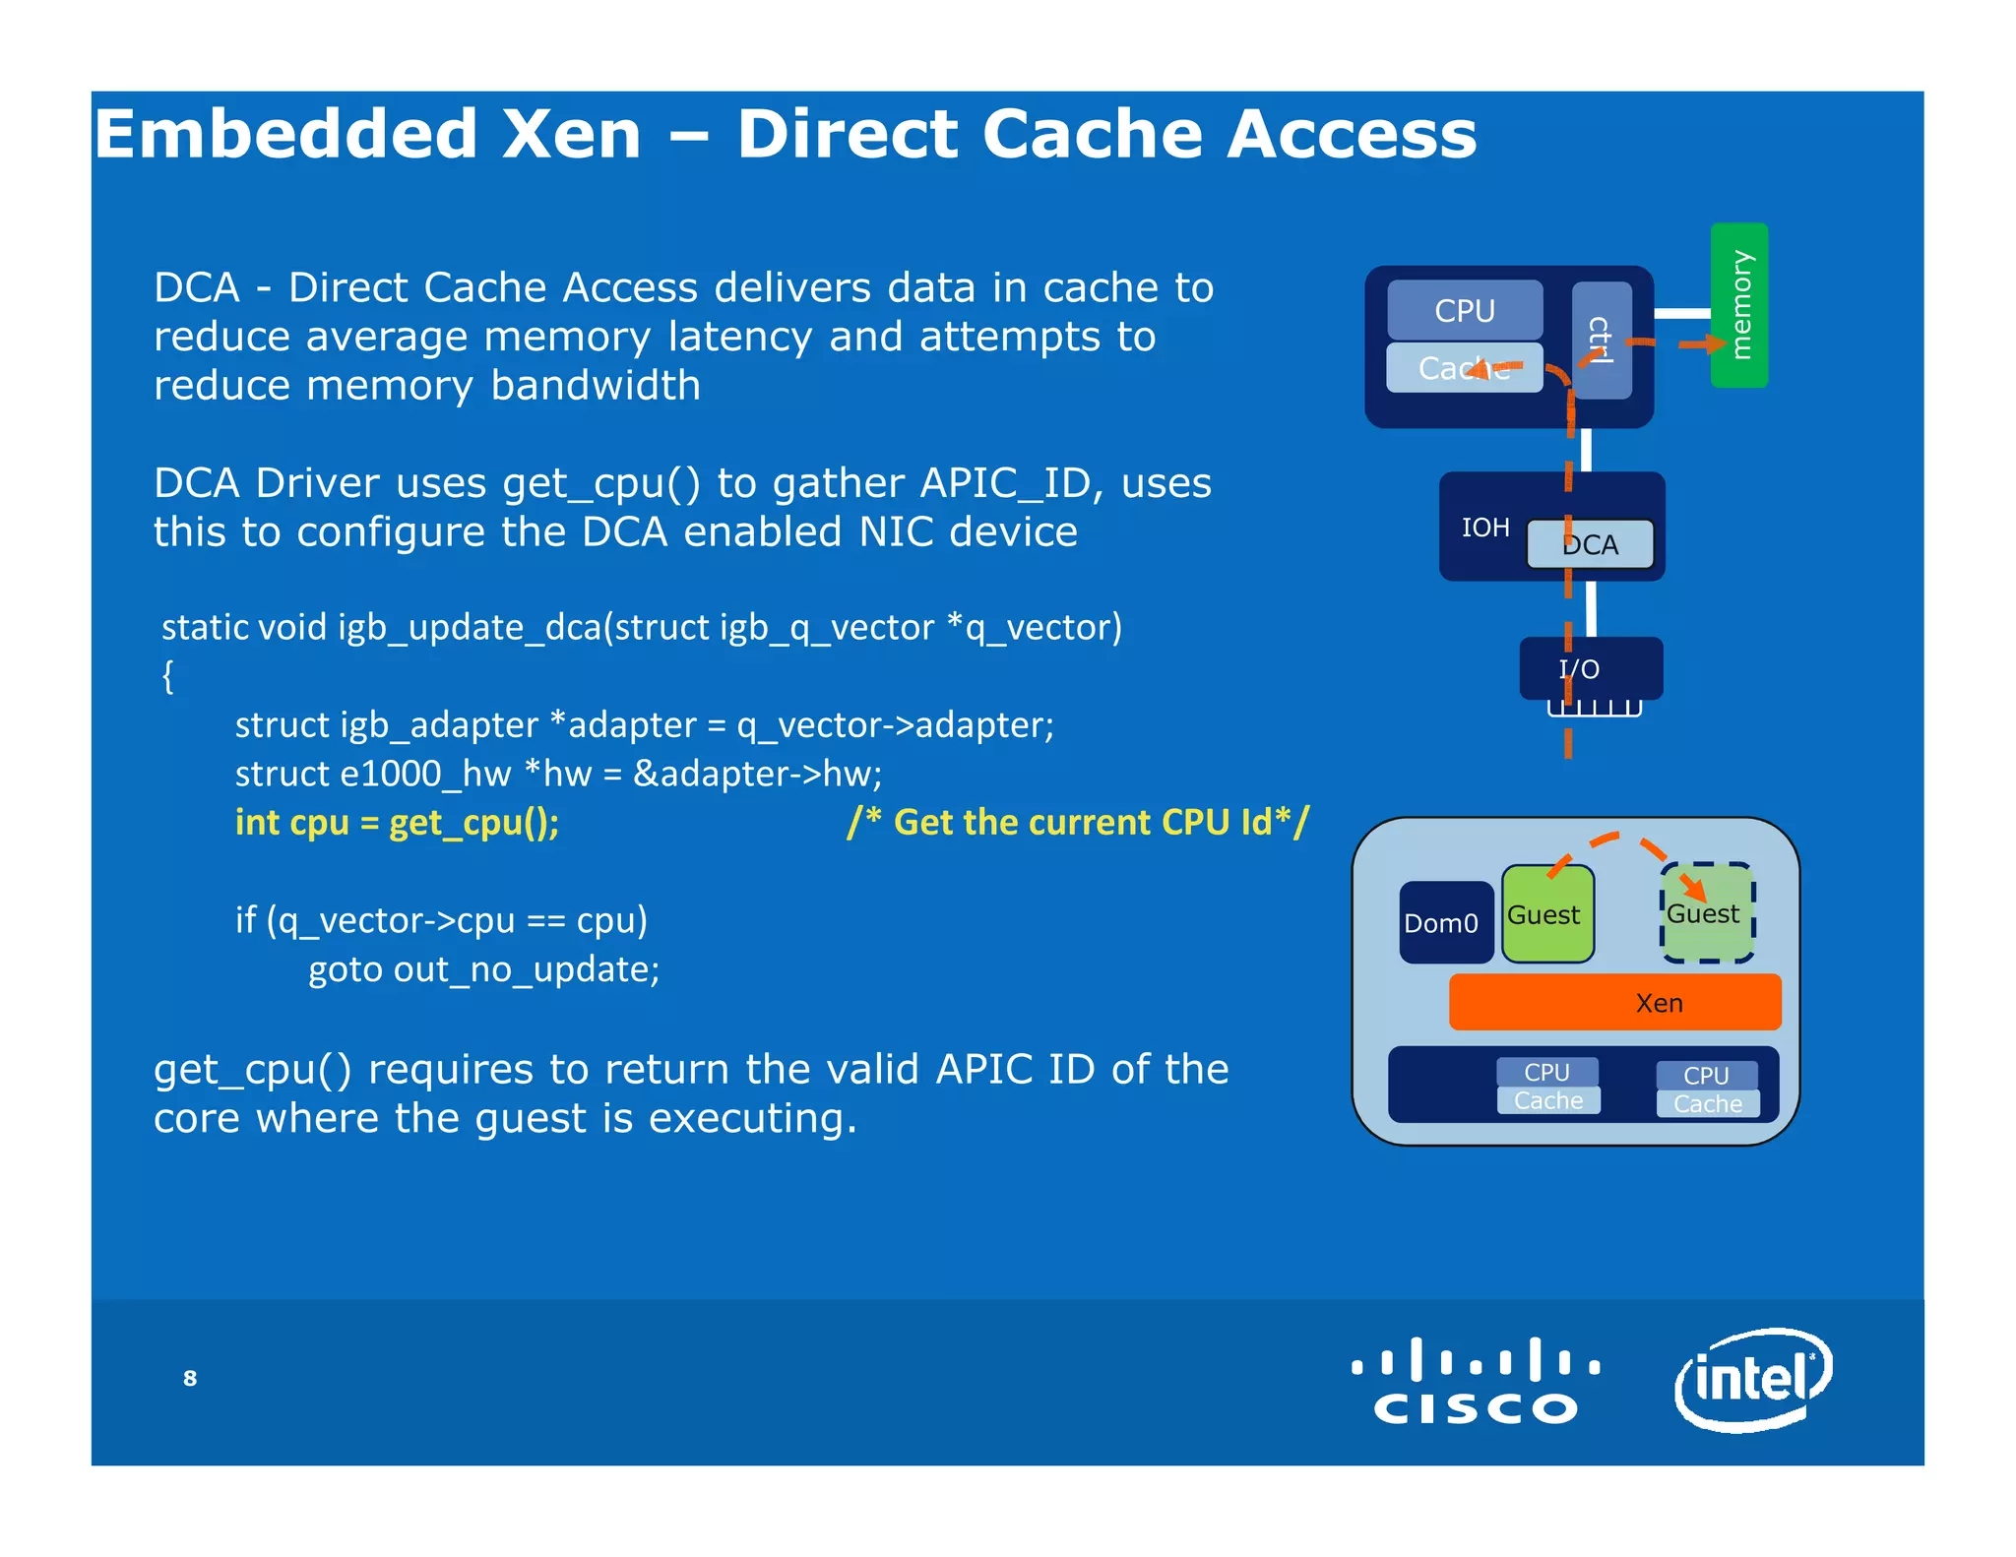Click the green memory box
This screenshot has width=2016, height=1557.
1738,305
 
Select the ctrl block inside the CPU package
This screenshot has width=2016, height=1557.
1602,340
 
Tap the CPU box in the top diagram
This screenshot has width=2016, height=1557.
1464,310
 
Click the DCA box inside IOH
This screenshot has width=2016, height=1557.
1590,544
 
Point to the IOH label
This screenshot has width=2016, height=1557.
1484,528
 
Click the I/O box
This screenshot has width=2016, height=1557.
1590,668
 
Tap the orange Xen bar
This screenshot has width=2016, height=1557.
1614,1003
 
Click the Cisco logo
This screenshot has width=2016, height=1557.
1476,1381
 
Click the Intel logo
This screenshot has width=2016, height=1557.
1752,1379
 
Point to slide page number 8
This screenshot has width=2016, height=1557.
190,1378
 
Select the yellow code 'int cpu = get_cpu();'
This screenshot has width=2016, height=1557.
397,822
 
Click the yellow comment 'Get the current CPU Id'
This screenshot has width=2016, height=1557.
1078,822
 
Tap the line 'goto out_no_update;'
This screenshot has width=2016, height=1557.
483,969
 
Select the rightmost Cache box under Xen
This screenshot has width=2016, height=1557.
1707,1104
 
